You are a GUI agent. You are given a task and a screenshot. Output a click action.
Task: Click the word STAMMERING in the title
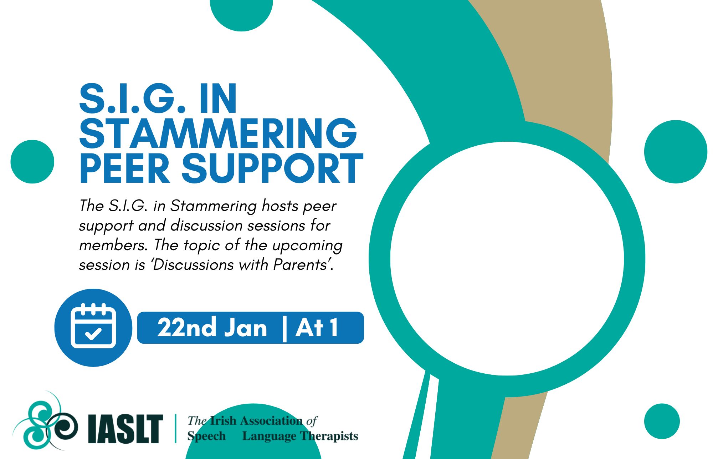pos(218,133)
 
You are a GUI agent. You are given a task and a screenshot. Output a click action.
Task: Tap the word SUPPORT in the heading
pos(273,168)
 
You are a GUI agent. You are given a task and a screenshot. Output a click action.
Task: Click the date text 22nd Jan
pos(212,327)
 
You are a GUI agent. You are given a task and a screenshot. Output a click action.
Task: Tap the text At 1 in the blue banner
pos(317,327)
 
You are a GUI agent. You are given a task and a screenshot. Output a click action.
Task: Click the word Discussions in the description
pos(193,265)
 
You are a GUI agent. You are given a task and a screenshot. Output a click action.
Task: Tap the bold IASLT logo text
pos(125,429)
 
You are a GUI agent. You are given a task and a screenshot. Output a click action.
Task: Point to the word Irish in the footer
pos(223,421)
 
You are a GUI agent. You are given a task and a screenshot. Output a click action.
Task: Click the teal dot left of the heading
pos(32,162)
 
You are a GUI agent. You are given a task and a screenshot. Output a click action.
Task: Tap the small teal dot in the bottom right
pos(662,422)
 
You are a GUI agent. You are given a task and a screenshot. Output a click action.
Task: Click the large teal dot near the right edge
pos(676,152)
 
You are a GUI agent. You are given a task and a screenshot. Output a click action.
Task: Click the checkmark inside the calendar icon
pos(93,334)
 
